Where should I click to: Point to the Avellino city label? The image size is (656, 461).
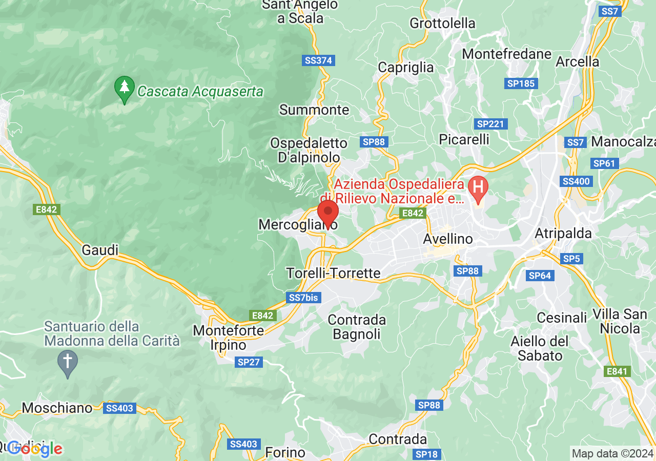tap(448, 239)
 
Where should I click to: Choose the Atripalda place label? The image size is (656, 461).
tap(563, 234)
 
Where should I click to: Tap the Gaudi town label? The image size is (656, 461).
tap(100, 250)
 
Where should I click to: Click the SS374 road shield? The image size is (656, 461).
tap(318, 60)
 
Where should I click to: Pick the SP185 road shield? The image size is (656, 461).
tap(521, 83)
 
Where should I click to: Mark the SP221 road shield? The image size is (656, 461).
tap(491, 124)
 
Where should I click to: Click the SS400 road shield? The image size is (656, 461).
tap(577, 181)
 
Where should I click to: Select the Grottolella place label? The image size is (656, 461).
tap(443, 23)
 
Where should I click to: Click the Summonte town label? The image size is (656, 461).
tap(314, 110)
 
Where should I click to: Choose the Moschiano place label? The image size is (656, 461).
tap(57, 408)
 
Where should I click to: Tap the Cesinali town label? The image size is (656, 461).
tap(562, 318)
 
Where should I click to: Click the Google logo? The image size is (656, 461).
tap(35, 449)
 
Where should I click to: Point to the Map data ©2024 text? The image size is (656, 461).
tap(613, 453)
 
